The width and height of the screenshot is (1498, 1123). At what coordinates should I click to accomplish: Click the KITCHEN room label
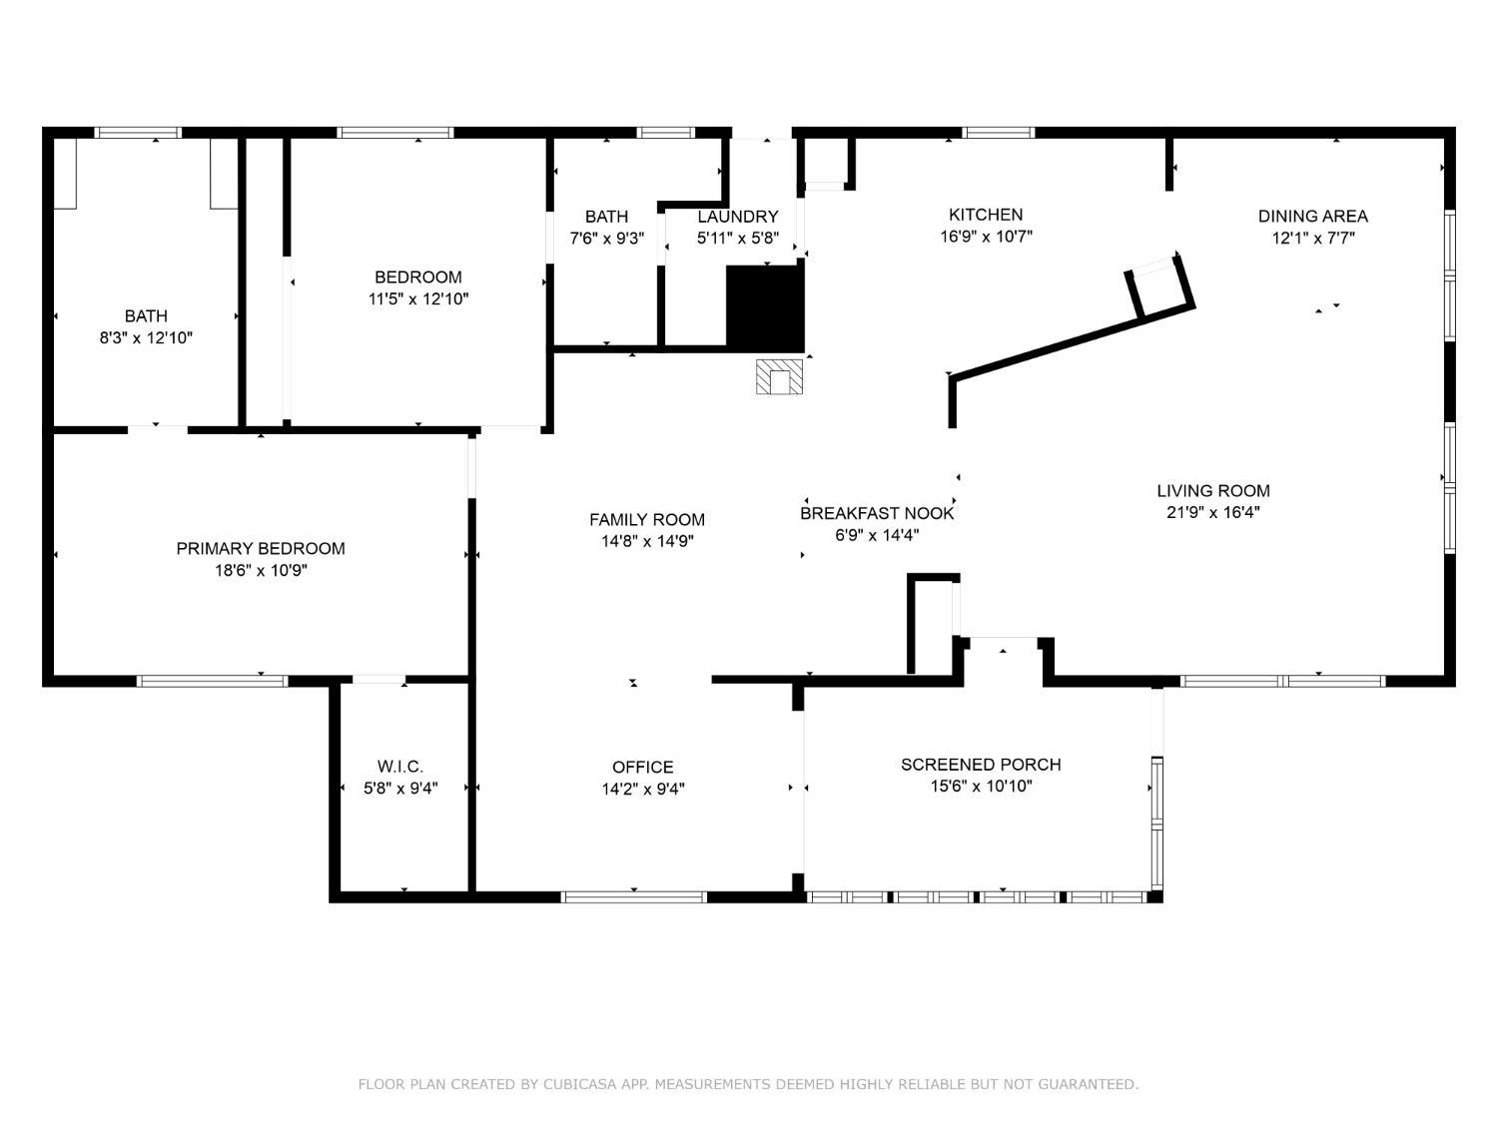(985, 215)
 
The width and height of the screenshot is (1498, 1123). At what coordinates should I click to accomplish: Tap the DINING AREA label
(1312, 216)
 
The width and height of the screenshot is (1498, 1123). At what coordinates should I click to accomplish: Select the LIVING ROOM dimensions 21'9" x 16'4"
(1212, 513)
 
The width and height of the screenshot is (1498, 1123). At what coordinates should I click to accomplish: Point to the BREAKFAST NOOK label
(877, 513)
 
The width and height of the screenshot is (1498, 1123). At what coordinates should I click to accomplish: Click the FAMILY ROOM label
(647, 519)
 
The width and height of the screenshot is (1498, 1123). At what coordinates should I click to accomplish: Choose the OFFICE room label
(642, 767)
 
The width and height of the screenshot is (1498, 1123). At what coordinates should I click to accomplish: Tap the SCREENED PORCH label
(981, 765)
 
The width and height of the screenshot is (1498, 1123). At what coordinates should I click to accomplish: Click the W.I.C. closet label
(399, 767)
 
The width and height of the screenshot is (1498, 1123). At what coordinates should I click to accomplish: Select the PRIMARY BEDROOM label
(261, 548)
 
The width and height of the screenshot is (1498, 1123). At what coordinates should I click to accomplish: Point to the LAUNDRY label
(737, 217)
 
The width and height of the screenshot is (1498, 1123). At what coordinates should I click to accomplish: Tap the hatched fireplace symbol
(779, 377)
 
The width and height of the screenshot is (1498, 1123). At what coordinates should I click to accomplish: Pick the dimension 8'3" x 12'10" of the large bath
(146, 338)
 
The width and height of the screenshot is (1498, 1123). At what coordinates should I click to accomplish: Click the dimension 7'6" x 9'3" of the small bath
(606, 239)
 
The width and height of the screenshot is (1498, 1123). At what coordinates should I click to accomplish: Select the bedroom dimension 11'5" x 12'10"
(418, 298)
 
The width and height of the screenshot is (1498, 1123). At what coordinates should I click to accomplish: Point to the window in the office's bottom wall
(634, 896)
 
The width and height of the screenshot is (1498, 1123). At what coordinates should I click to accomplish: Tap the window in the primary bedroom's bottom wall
(212, 681)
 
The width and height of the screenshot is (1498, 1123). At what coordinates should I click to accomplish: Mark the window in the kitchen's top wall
(999, 132)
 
